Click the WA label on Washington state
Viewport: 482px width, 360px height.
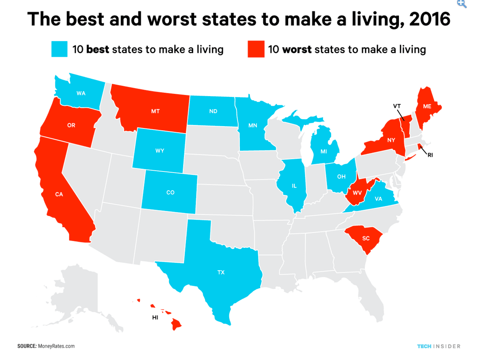pos(81,93)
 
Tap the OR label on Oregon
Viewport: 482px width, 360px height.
pos(71,125)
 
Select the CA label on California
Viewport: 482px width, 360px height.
pos(59,194)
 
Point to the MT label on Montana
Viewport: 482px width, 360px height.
pos(155,111)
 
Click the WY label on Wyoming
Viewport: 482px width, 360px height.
pos(160,151)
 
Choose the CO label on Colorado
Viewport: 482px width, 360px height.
pos(170,192)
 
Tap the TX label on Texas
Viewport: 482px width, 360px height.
pos(221,272)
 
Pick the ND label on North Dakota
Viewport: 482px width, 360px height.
pos(213,111)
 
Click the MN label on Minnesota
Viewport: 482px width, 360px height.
pos(253,125)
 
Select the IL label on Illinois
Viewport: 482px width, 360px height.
pos(294,186)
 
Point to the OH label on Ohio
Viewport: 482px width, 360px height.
pos(341,177)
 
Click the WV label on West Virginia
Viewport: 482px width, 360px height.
pos(357,193)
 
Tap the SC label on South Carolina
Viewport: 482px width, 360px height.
pos(366,238)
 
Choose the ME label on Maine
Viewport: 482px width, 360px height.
pos(427,106)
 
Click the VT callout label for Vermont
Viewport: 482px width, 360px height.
pos(397,106)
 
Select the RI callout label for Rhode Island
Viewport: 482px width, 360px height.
pos(430,155)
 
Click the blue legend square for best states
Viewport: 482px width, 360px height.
pos(59,49)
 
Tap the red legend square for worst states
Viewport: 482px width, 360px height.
pos(256,49)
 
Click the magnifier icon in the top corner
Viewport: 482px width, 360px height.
pos(462,4)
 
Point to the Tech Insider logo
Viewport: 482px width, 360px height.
pos(439,346)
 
